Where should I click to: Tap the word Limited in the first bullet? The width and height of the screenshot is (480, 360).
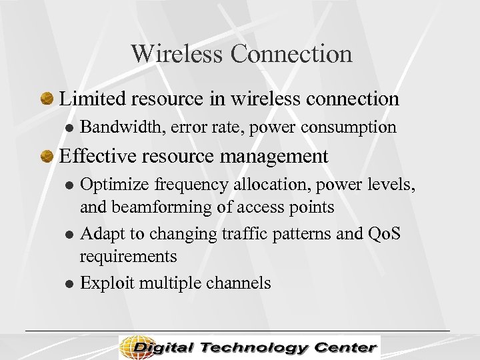pos(93,99)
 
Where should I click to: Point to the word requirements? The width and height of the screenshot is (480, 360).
pos(128,257)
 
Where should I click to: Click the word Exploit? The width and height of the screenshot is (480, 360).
pos(103,283)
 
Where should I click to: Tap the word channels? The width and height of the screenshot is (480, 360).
pos(239,283)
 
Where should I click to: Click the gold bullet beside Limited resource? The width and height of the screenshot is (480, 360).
pos(47,99)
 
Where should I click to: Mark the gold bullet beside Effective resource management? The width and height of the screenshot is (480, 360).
pos(47,157)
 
